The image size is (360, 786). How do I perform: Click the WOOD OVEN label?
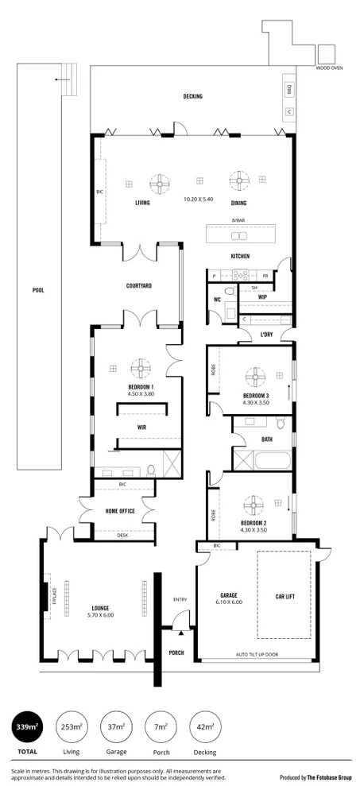pos(328,68)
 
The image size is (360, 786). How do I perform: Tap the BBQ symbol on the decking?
pos(289,90)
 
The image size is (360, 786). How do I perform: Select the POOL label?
pos(37,290)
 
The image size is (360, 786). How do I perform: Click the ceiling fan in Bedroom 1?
pos(141,368)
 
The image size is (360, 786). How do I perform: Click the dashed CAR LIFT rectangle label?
pos(285,595)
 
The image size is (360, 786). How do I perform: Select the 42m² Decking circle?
pos(206,726)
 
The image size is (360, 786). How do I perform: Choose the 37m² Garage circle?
pos(115,726)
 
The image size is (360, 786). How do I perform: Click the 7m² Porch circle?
pos(161,726)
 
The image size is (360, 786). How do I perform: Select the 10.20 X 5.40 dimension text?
pos(199,199)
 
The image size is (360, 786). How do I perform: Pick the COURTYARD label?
pos(139,285)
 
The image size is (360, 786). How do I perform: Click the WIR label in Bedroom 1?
pos(141,426)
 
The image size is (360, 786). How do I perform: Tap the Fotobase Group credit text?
pos(314,778)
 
